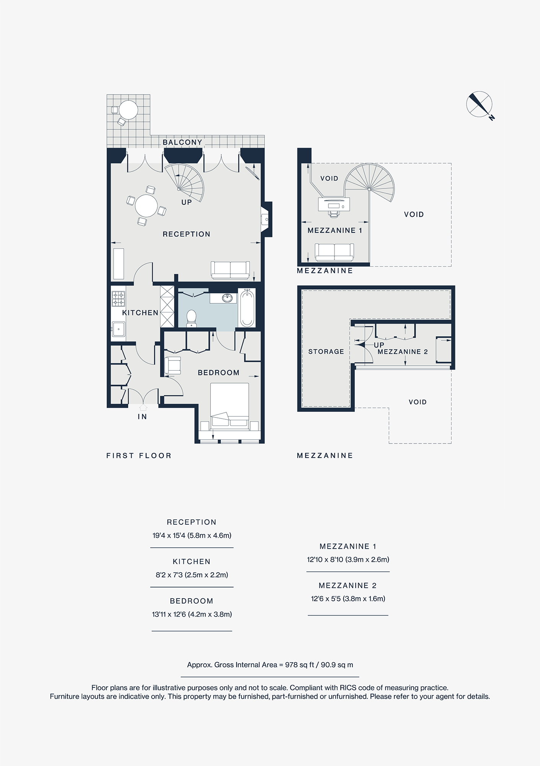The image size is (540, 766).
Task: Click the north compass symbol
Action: click(x=479, y=104)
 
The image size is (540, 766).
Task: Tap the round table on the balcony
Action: click(x=128, y=110)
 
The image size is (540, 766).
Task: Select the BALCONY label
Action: click(x=182, y=142)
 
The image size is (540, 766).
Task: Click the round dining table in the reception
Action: click(x=146, y=206)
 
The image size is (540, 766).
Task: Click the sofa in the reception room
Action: click(x=230, y=270)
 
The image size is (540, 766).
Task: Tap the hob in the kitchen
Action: click(x=118, y=299)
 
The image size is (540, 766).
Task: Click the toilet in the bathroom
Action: click(x=191, y=318)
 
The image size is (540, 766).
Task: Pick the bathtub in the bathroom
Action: click(x=247, y=308)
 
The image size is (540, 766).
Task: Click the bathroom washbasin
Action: click(x=227, y=298)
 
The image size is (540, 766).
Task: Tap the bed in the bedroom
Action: click(x=230, y=406)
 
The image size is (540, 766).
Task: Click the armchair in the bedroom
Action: click(x=173, y=365)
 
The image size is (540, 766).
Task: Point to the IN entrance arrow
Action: click(x=143, y=408)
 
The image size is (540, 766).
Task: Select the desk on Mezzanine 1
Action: click(x=334, y=204)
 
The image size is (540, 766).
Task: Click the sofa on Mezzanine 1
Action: click(x=334, y=252)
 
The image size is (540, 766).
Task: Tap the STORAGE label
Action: click(x=326, y=352)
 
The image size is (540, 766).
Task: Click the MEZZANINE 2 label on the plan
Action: click(x=403, y=352)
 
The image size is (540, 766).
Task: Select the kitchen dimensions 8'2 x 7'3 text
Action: click(x=192, y=575)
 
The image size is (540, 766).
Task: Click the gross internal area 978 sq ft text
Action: click(x=270, y=665)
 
